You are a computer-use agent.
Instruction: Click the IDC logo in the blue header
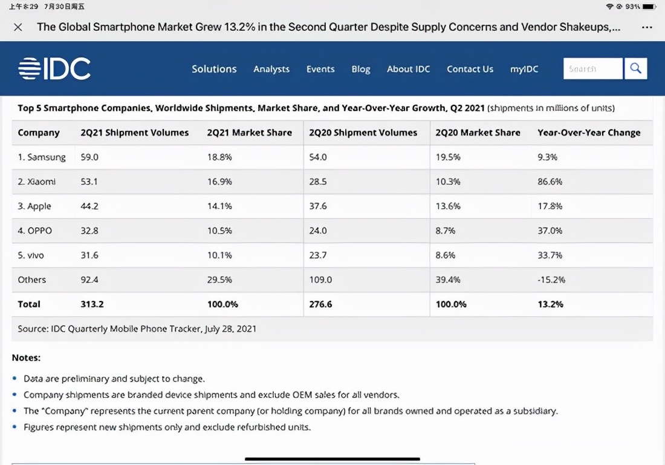54,68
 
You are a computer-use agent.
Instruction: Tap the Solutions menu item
214,69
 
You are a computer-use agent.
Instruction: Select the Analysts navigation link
271,69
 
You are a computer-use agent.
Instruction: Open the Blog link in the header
361,69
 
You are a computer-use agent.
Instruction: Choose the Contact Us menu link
470,69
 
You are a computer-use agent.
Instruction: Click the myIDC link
524,69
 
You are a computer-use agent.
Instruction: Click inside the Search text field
592,69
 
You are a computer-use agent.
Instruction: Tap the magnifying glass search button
635,68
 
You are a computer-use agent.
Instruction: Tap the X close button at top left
18,27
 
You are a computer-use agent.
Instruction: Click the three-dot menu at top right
647,27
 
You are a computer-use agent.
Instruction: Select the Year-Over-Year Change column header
589,133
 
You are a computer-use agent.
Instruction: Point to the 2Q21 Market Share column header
249,133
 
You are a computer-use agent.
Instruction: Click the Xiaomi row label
37,182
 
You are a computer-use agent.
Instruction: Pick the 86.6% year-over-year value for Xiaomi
550,182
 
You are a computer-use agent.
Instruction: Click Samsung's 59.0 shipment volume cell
89,157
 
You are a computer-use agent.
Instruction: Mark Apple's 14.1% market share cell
219,206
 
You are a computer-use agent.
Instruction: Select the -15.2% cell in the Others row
551,280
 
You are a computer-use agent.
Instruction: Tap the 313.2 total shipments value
92,304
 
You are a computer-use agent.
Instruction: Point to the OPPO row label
35,231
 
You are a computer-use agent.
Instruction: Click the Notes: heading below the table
26,358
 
